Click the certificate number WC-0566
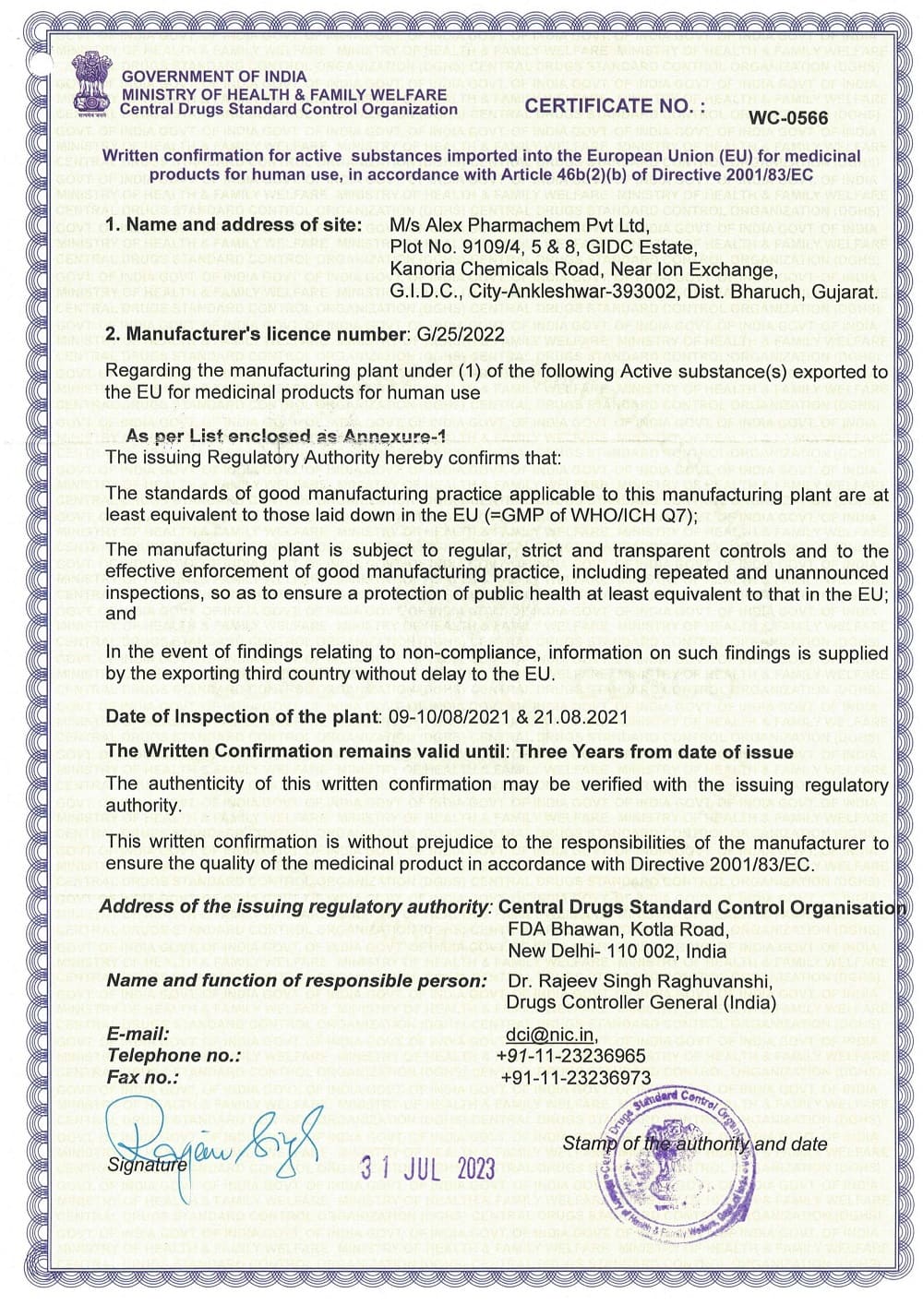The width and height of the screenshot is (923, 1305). click(x=788, y=117)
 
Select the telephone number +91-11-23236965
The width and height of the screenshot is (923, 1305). click(x=570, y=1056)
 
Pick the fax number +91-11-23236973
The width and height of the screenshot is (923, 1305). click(x=576, y=1078)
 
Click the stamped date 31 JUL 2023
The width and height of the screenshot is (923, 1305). click(x=427, y=1167)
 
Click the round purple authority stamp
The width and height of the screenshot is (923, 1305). click(x=677, y=1166)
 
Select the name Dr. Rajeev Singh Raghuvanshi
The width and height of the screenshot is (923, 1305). click(x=639, y=981)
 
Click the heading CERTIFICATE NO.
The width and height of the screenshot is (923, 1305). click(x=615, y=106)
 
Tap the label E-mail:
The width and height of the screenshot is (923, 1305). click(x=138, y=1035)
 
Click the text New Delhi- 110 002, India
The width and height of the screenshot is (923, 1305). click(x=617, y=951)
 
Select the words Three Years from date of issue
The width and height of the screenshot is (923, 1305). click(x=654, y=751)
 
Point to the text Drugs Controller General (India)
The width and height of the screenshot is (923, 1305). click(x=641, y=1002)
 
